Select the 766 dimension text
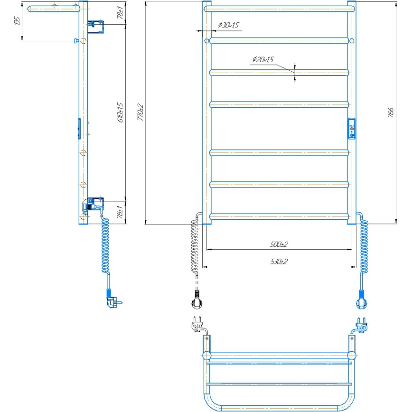(391, 112)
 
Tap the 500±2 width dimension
(279, 244)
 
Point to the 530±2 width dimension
(279, 262)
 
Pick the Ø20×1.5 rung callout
(263, 60)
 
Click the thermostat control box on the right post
(352, 128)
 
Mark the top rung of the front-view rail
(279, 9)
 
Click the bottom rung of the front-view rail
(279, 217)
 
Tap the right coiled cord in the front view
(364, 247)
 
